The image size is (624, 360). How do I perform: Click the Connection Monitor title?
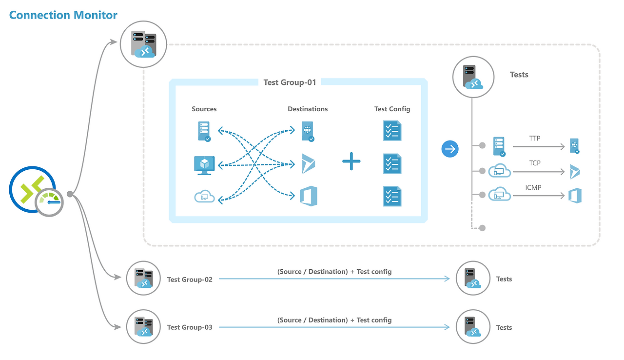(x=63, y=15)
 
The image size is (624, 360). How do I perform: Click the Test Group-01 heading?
(x=290, y=82)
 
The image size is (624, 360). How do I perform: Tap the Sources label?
(x=204, y=109)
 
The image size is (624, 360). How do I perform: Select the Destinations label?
(x=308, y=109)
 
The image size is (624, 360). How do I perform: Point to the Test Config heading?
(x=392, y=109)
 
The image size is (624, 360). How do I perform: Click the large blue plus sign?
(x=351, y=161)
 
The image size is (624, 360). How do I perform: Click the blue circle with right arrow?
(x=450, y=149)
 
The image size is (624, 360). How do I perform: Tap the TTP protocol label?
(x=535, y=139)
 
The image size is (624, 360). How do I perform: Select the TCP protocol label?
(x=535, y=163)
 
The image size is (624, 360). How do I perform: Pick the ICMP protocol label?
(x=533, y=187)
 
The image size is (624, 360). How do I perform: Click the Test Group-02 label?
(x=190, y=280)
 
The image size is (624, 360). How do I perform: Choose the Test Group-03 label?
(x=190, y=327)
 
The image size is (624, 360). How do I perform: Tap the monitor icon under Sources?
(x=204, y=165)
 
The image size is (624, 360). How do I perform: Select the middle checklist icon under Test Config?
(x=392, y=164)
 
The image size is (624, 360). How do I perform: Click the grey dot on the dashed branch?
(x=482, y=228)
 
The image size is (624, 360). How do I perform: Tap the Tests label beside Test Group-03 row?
(x=504, y=327)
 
